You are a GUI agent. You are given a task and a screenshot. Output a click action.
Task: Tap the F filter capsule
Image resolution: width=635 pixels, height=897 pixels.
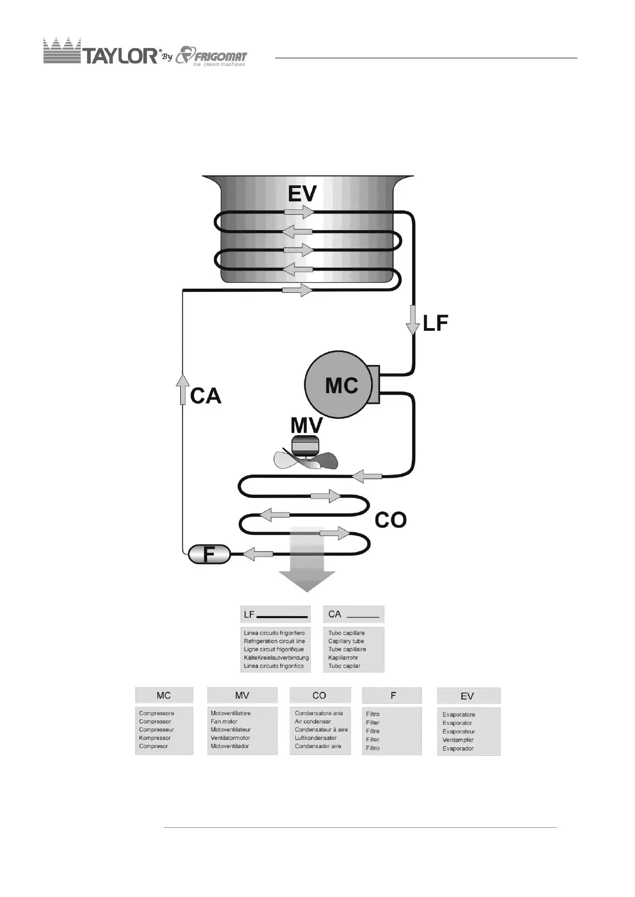click(209, 554)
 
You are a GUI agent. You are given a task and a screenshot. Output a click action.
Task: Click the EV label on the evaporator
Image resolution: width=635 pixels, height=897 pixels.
click(302, 194)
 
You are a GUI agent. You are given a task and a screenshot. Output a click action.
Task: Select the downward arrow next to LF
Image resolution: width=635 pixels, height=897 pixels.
click(413, 320)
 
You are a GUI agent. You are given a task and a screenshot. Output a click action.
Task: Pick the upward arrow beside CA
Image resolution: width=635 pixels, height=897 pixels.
click(183, 388)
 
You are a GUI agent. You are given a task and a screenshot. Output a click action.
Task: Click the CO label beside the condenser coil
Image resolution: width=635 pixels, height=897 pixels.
click(390, 520)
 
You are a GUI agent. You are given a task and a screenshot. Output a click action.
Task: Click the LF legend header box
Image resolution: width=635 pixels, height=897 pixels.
click(275, 614)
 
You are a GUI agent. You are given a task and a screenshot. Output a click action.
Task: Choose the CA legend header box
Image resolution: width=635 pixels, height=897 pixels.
click(353, 614)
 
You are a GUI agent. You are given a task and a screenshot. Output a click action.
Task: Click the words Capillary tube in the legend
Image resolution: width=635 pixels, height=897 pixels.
click(346, 641)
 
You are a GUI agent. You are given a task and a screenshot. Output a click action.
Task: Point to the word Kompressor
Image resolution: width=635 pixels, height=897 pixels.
click(155, 738)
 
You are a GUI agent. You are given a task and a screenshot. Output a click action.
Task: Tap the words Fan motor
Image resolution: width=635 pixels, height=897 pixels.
click(224, 721)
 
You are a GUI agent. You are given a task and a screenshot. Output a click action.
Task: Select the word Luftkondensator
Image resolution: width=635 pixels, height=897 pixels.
click(316, 738)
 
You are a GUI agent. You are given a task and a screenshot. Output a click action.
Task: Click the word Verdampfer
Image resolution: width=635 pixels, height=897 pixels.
click(458, 740)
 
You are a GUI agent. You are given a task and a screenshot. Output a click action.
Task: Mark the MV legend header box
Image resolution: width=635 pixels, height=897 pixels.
click(242, 695)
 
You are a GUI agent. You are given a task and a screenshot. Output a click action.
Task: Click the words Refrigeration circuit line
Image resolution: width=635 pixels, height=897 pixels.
click(274, 641)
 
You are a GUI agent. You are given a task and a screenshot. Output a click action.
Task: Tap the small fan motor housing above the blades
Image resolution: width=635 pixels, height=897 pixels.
click(305, 445)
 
